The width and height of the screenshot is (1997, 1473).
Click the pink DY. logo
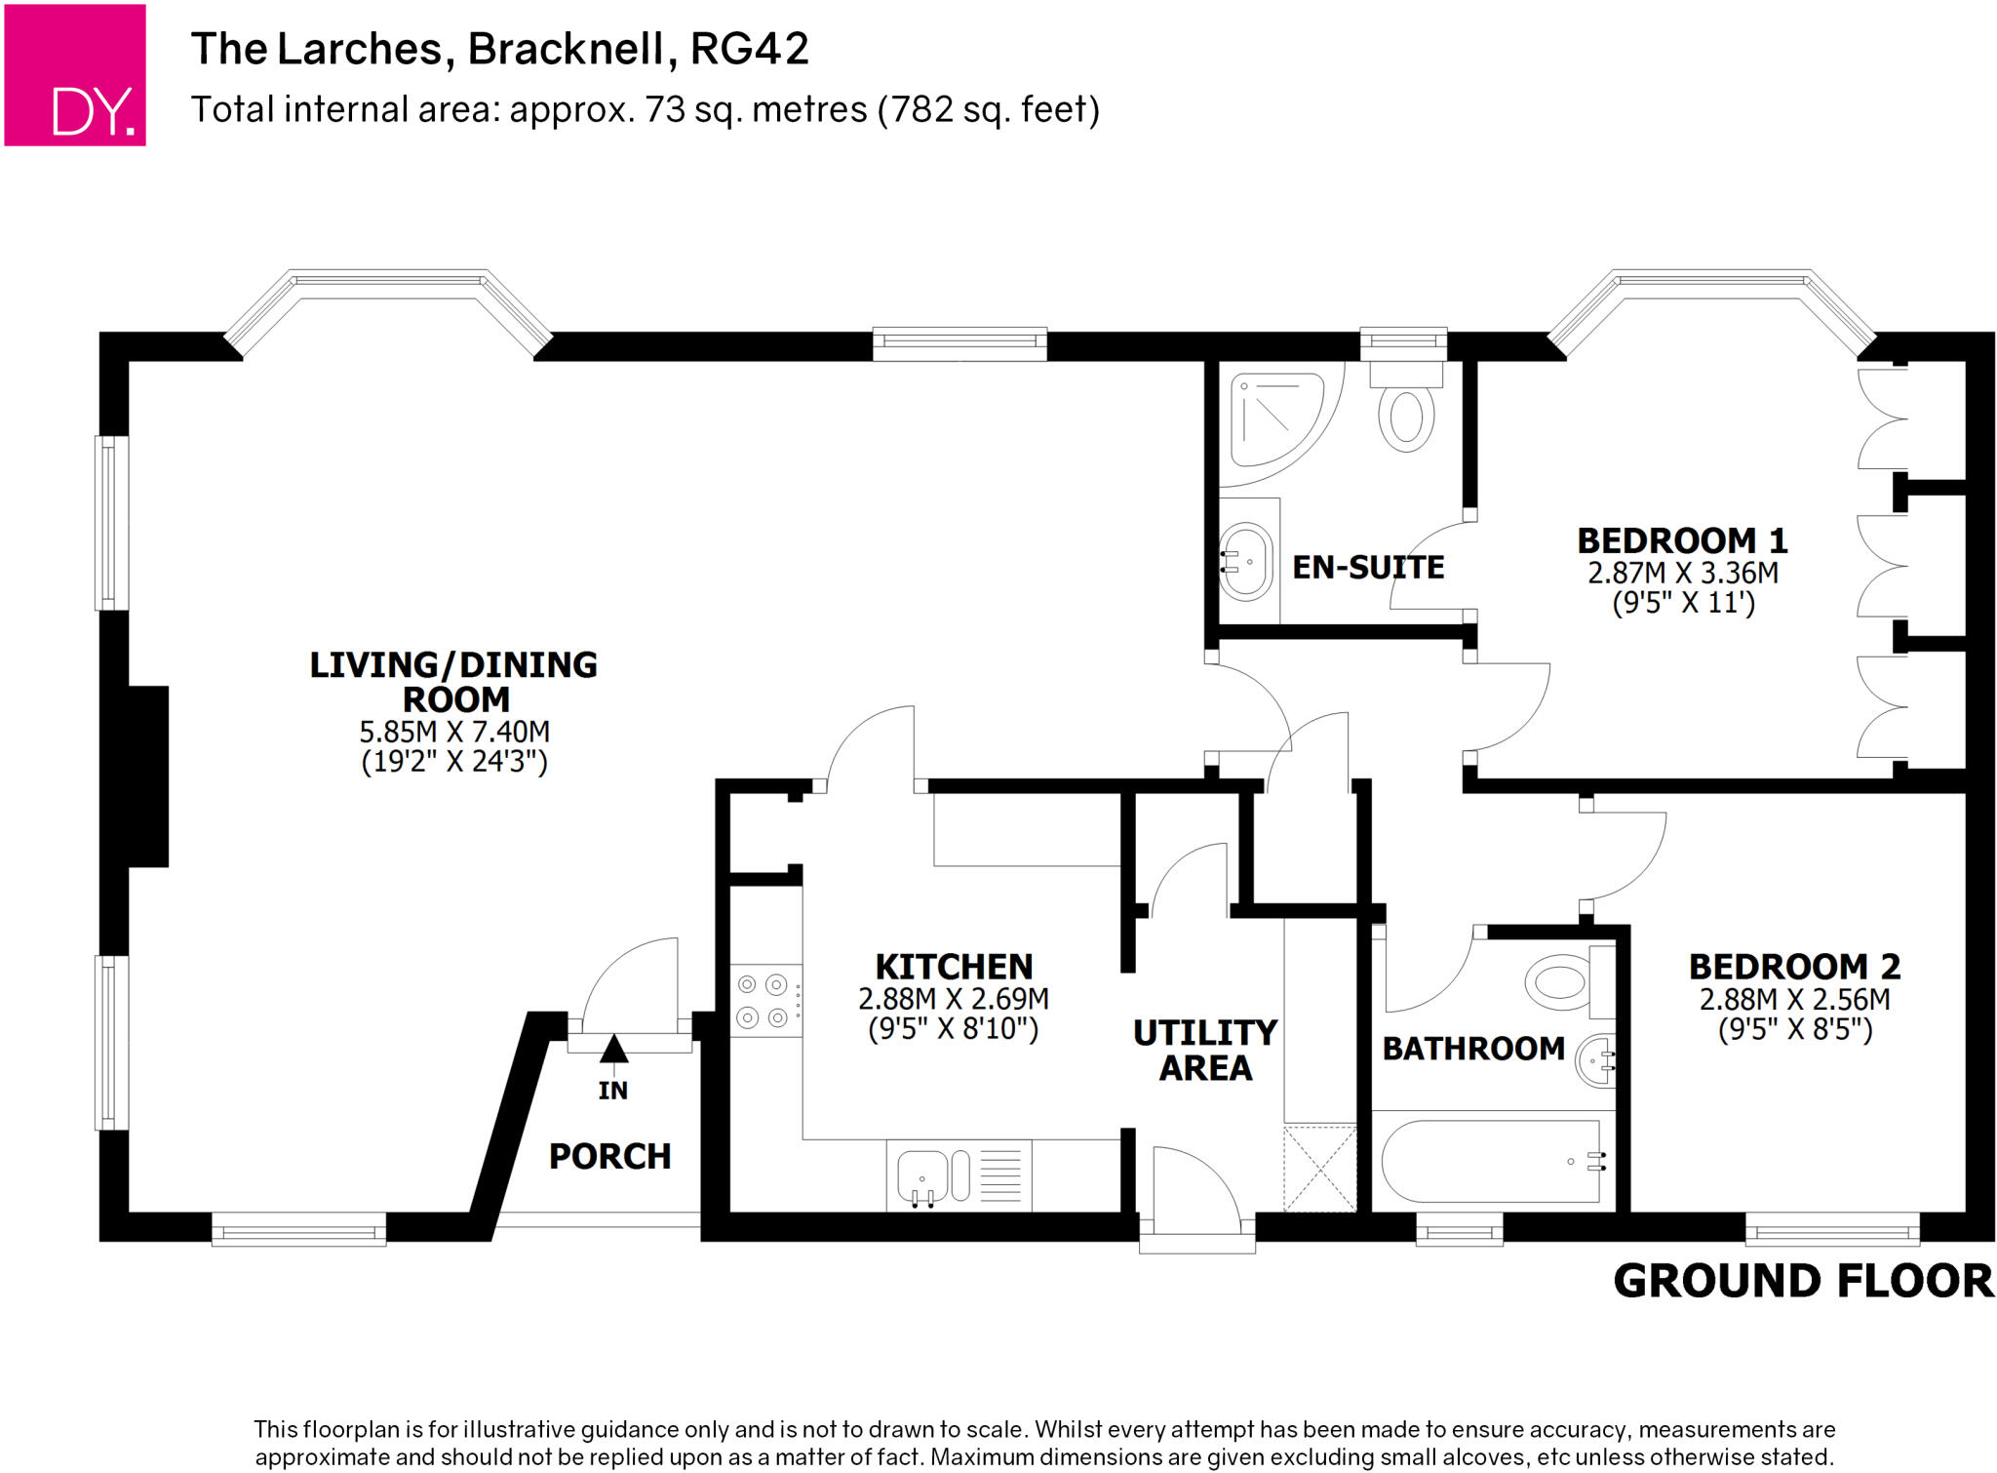click(75, 75)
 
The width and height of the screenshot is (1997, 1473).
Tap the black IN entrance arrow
click(613, 1049)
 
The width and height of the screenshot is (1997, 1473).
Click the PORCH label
click(609, 1156)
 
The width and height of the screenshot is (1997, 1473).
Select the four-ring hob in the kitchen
click(764, 1001)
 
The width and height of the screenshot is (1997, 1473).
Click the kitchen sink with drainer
click(959, 1175)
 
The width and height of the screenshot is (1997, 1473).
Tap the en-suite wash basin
click(1246, 562)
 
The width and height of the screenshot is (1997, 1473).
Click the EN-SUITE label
click(1368, 567)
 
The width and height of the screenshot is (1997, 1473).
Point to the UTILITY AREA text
click(1205, 1050)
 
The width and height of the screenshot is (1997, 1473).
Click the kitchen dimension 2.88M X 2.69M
click(953, 999)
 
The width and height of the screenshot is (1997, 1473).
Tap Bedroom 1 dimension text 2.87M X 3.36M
click(1682, 573)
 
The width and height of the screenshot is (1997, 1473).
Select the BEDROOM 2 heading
click(1794, 967)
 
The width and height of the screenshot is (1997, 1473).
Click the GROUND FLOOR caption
click(1802, 1281)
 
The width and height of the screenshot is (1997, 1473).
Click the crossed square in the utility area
click(1319, 1169)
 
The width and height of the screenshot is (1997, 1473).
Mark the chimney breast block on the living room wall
click(147, 776)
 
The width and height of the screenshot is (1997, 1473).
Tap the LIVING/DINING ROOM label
click(453, 682)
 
